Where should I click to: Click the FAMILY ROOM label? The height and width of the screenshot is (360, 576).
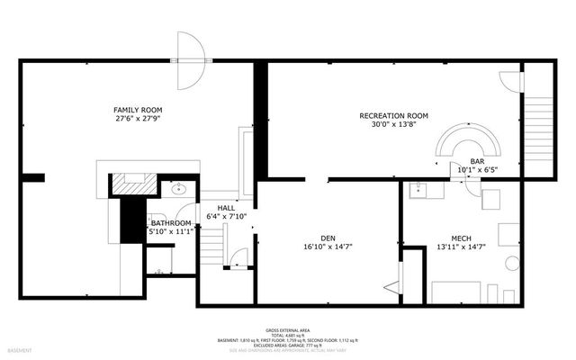[x=138, y=109]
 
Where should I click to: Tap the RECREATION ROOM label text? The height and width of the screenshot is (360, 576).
[x=393, y=116]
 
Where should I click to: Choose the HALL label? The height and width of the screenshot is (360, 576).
[x=214, y=207]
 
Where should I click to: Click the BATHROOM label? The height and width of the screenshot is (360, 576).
[x=170, y=223]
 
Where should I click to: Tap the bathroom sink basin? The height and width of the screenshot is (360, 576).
[x=177, y=190]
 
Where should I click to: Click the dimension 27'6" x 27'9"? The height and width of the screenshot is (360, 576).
[x=138, y=119]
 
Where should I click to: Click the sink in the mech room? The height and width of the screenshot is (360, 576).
[x=418, y=190]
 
